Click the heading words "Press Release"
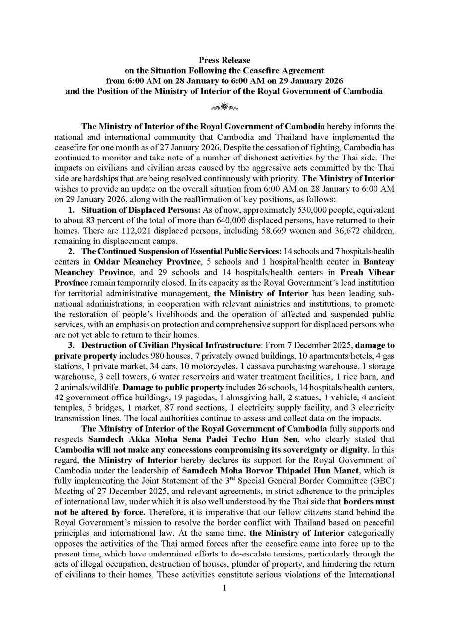tap(224, 60)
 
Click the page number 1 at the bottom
tap(224, 588)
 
